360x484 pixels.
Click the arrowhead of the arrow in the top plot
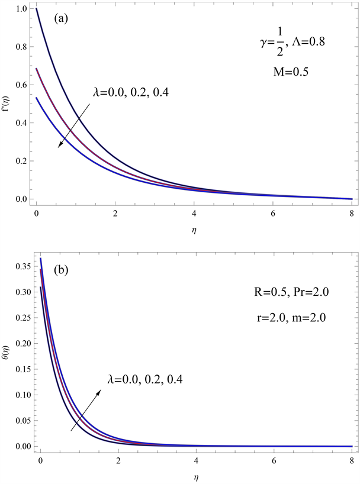59,149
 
